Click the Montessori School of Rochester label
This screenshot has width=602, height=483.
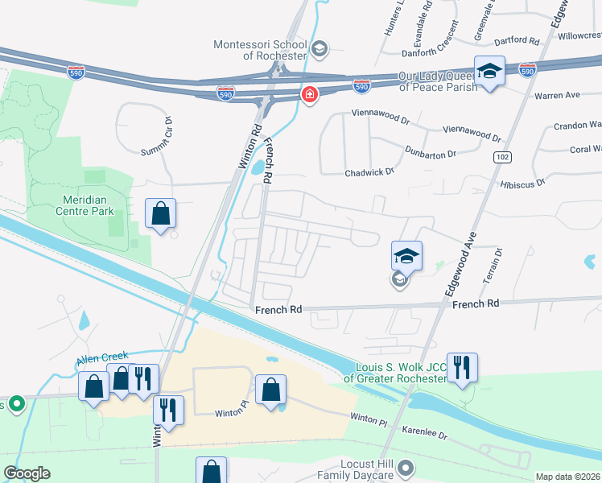click(x=259, y=50)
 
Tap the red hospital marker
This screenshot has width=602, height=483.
click(x=309, y=96)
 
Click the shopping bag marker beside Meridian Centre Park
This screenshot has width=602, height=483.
click(x=161, y=214)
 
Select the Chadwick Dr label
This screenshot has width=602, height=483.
click(x=369, y=171)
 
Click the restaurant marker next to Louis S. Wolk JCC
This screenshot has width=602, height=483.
click(x=462, y=368)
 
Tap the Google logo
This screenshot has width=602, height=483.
click(x=27, y=473)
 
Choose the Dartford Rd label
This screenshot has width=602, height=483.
click(x=517, y=40)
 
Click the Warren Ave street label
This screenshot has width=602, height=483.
click(x=557, y=95)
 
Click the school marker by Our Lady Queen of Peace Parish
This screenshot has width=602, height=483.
click(x=489, y=72)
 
